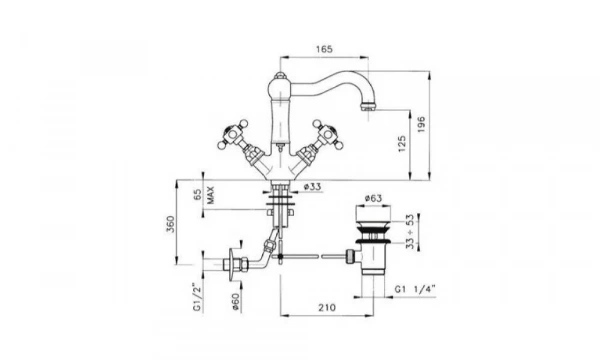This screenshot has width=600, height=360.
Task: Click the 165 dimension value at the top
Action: point(324,49)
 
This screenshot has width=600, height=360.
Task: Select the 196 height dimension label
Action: point(421,125)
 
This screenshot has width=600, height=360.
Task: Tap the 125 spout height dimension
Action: point(402,144)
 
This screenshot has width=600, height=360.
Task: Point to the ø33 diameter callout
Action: point(313,187)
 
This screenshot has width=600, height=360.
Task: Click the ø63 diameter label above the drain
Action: point(373,198)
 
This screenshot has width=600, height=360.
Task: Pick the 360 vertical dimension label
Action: point(170,224)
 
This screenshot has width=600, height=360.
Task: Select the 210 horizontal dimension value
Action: point(327,307)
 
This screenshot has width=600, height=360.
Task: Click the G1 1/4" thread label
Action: point(415,289)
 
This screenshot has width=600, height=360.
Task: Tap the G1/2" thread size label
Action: point(197,297)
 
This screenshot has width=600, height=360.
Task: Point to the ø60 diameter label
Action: point(235,302)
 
